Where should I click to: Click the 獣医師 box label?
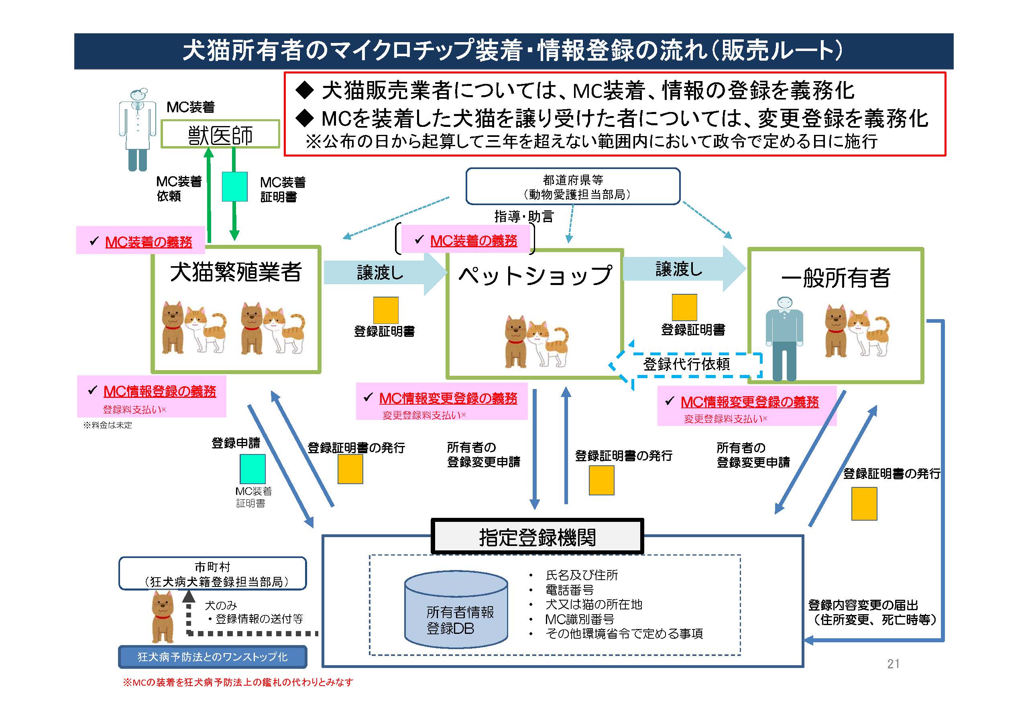(x=220, y=134)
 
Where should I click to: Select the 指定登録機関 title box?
(x=537, y=537)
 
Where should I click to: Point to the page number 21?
(x=893, y=664)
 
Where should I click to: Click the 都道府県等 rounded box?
(x=573, y=187)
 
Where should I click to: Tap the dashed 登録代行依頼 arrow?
(x=685, y=365)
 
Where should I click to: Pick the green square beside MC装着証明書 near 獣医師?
(x=234, y=186)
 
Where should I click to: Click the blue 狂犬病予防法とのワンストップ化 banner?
(x=213, y=657)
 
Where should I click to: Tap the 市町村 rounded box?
(x=213, y=574)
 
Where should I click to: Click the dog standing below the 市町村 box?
(x=163, y=617)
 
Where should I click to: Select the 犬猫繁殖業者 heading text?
(x=236, y=272)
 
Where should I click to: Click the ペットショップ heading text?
(x=535, y=275)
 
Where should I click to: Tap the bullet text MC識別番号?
(x=579, y=619)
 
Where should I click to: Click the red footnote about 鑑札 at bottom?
(x=238, y=682)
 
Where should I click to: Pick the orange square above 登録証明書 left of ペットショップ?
(x=385, y=310)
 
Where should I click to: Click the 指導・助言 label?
(x=524, y=217)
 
